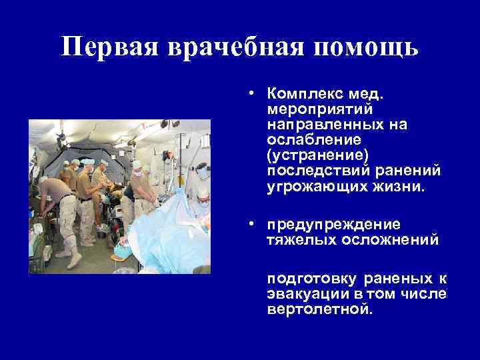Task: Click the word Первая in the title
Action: (x=107, y=47)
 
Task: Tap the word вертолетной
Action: (x=317, y=310)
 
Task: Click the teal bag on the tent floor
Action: (x=121, y=252)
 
